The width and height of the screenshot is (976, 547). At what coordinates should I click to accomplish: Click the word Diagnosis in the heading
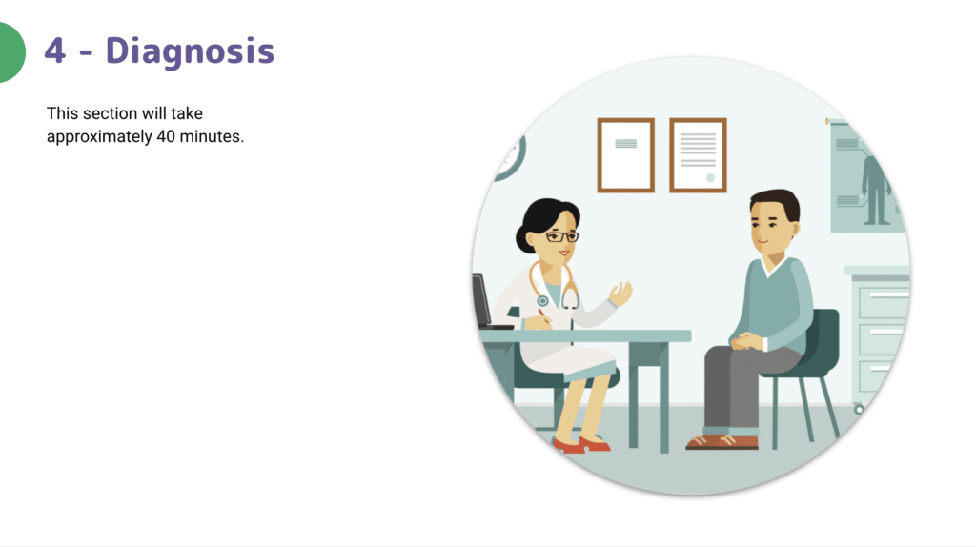pyautogui.click(x=190, y=51)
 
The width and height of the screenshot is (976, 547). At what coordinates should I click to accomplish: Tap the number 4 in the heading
pyautogui.click(x=54, y=51)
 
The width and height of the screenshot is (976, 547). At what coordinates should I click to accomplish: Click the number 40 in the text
pyautogui.click(x=166, y=136)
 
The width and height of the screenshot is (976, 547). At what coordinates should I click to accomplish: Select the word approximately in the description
pyautogui.click(x=99, y=137)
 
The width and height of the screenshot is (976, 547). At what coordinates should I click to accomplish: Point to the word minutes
pyautogui.click(x=212, y=136)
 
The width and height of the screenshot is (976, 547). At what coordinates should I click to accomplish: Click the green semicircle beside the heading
pyautogui.click(x=11, y=52)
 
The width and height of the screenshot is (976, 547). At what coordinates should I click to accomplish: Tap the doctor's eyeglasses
pyautogui.click(x=561, y=236)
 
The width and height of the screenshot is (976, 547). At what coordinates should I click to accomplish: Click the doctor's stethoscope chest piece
pyautogui.click(x=542, y=301)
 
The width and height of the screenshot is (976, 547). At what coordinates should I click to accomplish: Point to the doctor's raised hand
pyautogui.click(x=620, y=294)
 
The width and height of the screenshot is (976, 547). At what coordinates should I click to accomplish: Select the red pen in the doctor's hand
pyautogui.click(x=543, y=314)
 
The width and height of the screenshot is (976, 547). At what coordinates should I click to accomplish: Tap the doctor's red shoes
pyautogui.click(x=581, y=444)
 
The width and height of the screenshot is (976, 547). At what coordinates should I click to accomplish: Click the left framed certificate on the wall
pyautogui.click(x=625, y=155)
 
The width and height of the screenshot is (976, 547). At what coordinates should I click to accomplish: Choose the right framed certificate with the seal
pyautogui.click(x=698, y=155)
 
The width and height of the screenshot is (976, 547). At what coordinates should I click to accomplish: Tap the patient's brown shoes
pyautogui.click(x=722, y=441)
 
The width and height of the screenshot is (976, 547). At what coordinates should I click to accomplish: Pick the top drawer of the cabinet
pyautogui.click(x=884, y=300)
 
